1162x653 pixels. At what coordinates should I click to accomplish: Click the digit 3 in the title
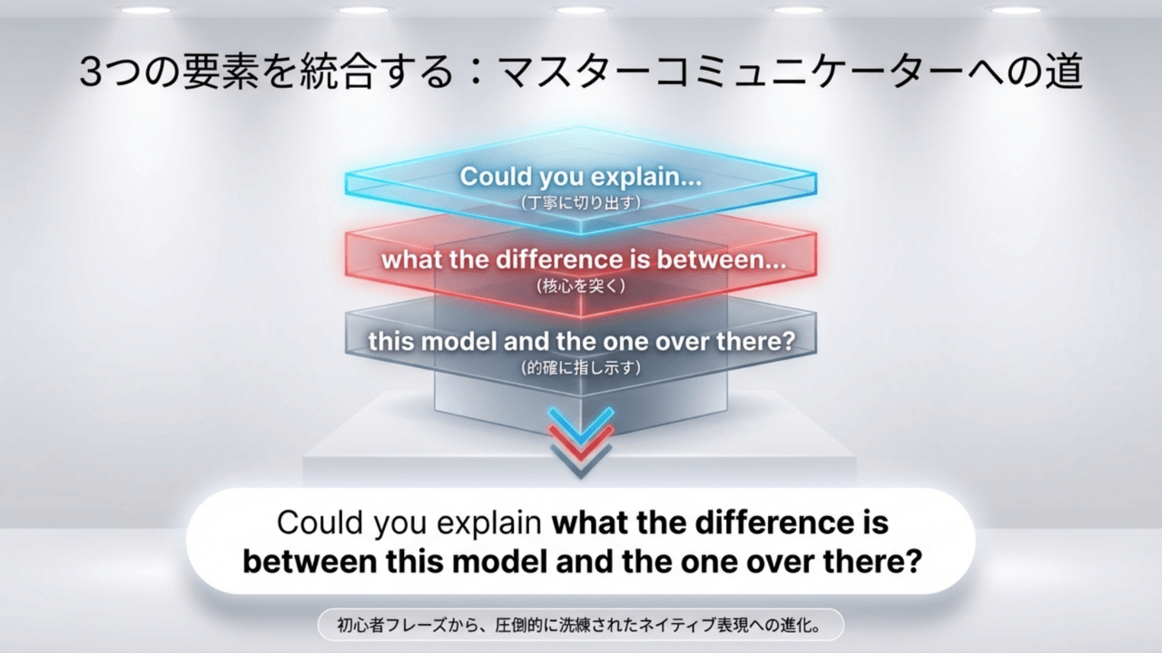point(92,73)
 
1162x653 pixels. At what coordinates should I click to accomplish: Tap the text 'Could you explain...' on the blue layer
point(581,177)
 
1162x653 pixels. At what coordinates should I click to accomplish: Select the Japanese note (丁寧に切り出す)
point(581,202)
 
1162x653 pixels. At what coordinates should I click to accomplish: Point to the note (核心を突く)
point(581,285)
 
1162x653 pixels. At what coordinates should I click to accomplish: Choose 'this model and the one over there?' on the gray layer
point(581,342)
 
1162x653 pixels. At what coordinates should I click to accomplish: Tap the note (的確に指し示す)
point(581,367)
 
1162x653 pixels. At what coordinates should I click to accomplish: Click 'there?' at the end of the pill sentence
point(872,560)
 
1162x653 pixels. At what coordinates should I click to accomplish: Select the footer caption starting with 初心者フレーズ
point(581,624)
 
